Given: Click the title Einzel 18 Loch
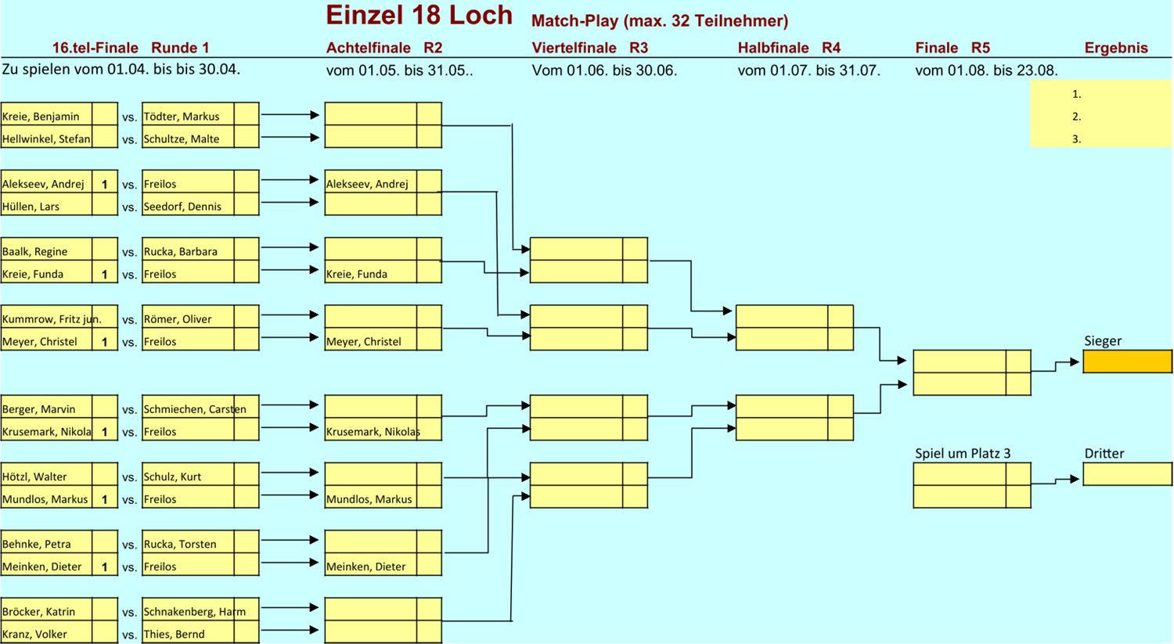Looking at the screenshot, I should click(x=419, y=16).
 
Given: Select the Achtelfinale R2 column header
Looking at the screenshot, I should click(x=384, y=48).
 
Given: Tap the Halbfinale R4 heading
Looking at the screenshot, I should click(x=788, y=48).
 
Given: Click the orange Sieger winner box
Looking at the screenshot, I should click(x=1127, y=362).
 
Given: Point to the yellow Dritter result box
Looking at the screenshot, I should click(x=1127, y=474).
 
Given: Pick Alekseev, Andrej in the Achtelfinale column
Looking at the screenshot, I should click(x=367, y=184).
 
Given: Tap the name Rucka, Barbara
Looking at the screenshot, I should click(x=181, y=251).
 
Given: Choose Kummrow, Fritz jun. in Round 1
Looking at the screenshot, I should click(x=52, y=319).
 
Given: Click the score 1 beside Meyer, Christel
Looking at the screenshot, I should click(x=104, y=342).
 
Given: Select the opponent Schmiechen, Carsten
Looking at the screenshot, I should click(x=194, y=409).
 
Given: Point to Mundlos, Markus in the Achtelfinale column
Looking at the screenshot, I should click(x=369, y=499).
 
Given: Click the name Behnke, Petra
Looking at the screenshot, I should click(x=37, y=544).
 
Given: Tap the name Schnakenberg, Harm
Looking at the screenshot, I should click(x=194, y=612).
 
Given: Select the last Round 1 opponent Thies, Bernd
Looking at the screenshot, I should click(x=174, y=634).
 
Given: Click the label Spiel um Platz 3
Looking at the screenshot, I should click(x=963, y=454).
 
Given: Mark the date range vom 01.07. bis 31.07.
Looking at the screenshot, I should click(x=808, y=70).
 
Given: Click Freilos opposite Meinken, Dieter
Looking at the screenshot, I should click(x=160, y=567).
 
